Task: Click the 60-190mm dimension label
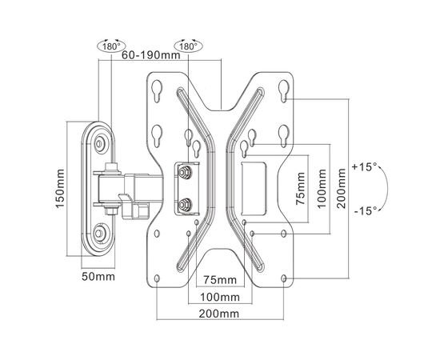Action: click(150, 55)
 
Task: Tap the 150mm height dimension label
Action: click(60, 189)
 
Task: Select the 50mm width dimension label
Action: click(98, 277)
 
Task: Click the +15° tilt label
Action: click(365, 167)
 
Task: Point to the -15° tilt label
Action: click(366, 210)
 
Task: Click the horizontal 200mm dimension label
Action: click(219, 314)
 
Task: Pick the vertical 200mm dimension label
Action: click(342, 188)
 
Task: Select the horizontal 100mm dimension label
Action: click(220, 297)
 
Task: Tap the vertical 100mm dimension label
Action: click(322, 189)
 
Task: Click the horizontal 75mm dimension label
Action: click(220, 280)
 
